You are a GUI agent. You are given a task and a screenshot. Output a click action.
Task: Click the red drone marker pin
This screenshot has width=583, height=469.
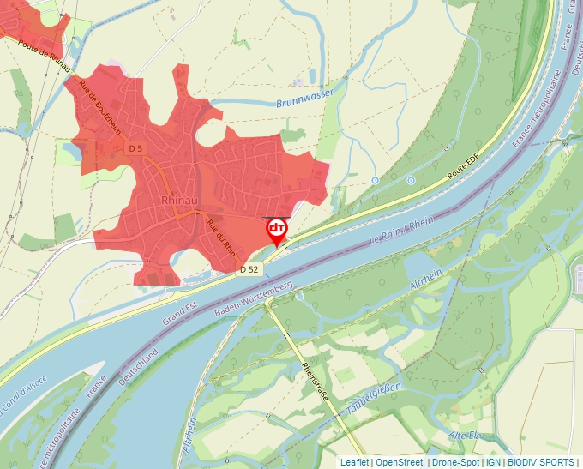(277, 230)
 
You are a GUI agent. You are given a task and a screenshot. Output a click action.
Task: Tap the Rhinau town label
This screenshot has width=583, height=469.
(180, 201)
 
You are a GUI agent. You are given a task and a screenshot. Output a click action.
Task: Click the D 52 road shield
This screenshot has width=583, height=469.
(249, 269)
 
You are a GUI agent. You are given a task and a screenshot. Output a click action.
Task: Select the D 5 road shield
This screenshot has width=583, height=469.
(134, 148)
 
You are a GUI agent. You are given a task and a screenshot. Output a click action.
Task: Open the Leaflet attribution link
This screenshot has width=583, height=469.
(354, 462)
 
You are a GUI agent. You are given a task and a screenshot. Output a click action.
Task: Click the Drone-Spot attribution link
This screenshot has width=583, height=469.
(454, 462)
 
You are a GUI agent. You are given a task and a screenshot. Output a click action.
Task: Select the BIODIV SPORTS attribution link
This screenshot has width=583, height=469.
(540, 462)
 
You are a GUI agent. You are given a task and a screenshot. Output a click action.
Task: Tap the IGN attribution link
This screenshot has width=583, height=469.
(494, 462)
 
